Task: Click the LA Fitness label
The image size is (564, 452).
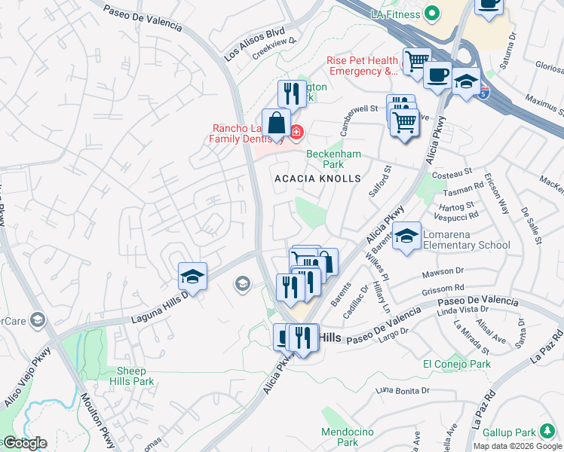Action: (x=396, y=14)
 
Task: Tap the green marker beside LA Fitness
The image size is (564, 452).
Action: (x=432, y=13)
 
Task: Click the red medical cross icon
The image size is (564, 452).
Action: (x=296, y=133)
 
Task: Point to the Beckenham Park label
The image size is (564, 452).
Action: (x=334, y=159)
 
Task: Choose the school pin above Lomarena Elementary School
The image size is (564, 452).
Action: (x=406, y=236)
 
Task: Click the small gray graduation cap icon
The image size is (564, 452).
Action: (x=242, y=283)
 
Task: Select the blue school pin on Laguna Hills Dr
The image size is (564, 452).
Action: (x=192, y=276)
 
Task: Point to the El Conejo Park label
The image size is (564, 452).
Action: (x=457, y=365)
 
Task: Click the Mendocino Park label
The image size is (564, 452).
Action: (x=340, y=437)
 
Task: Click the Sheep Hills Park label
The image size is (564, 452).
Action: (x=131, y=376)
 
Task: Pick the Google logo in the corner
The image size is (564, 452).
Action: (x=24, y=443)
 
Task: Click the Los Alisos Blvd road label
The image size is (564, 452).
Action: (x=255, y=45)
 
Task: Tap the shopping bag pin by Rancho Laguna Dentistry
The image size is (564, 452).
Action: (x=277, y=124)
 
